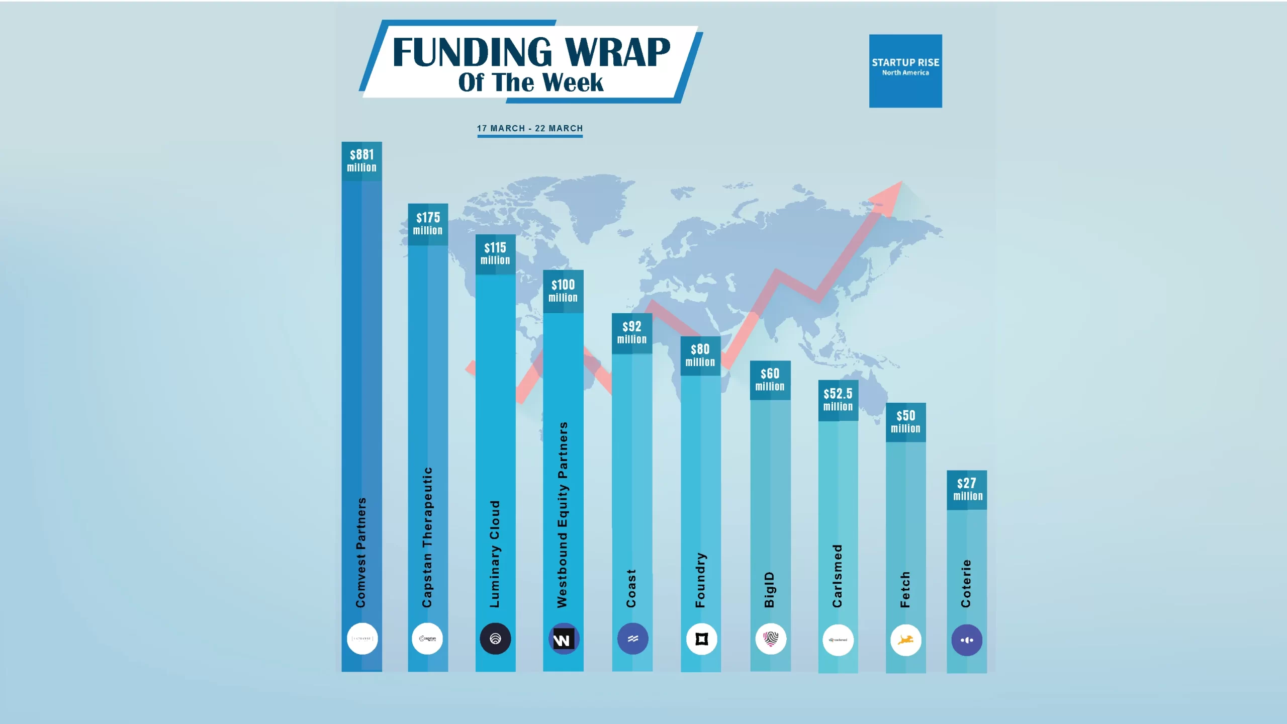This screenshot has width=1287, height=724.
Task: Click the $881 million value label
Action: click(361, 161)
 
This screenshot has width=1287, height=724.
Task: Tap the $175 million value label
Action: click(428, 224)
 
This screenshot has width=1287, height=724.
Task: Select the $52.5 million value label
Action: click(838, 400)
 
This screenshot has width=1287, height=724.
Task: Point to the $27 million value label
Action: click(967, 490)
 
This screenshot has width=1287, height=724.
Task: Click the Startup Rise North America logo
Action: click(905, 70)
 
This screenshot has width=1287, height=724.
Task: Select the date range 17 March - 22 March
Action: click(530, 128)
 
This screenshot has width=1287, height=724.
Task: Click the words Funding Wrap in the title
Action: click(531, 52)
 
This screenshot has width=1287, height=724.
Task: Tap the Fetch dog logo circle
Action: click(905, 640)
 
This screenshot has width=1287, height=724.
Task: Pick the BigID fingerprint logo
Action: click(770, 639)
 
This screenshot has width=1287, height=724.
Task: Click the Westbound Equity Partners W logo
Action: click(563, 639)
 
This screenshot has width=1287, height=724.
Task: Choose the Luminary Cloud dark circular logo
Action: click(495, 639)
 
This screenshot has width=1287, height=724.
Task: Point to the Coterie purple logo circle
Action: click(967, 640)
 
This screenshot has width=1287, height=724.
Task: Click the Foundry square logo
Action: click(701, 639)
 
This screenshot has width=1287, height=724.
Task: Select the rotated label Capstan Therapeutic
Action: click(427, 537)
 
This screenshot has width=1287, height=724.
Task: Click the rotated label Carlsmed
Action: click(837, 576)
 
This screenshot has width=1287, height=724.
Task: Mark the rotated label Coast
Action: click(631, 588)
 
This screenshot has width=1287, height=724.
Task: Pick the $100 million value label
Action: click(563, 291)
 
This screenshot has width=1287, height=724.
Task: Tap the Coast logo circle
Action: click(632, 639)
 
